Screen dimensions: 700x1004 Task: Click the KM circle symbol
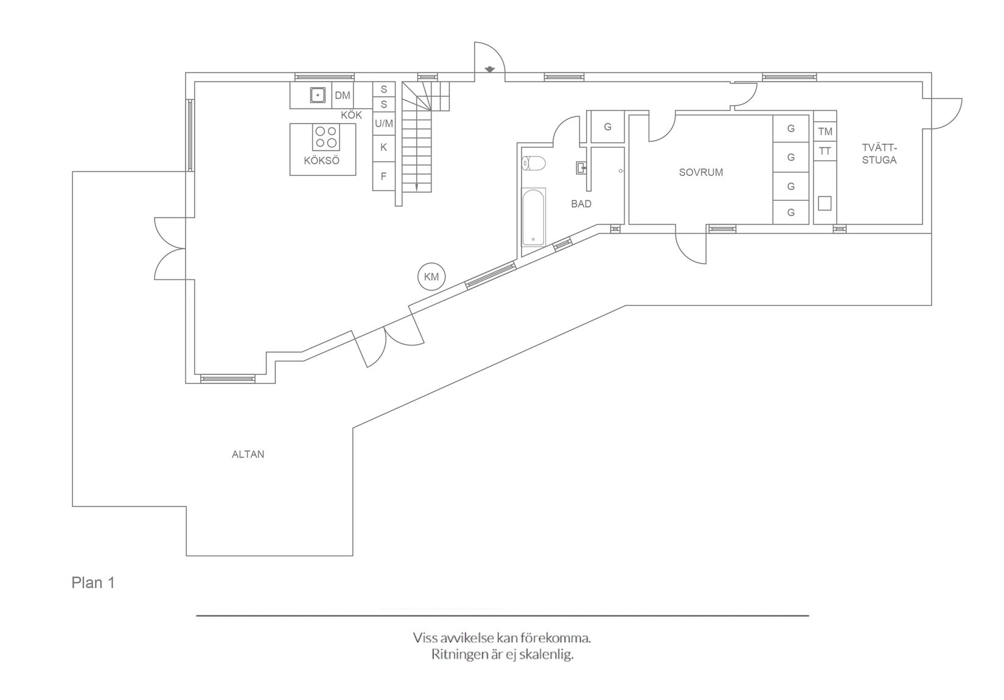point(431,277)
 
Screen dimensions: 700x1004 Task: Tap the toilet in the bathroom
point(534,163)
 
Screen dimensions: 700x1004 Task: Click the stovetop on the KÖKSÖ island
point(326,137)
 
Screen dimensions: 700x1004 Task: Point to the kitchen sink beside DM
point(318,95)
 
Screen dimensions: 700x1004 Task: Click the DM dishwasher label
point(343,95)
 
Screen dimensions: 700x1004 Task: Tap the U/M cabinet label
point(384,124)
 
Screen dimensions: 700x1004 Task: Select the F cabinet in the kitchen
point(383,177)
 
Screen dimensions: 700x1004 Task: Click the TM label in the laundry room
point(825,131)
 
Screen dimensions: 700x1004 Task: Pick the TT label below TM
point(825,151)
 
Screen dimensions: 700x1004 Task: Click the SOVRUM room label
point(701,172)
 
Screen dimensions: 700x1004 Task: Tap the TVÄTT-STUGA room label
point(879,154)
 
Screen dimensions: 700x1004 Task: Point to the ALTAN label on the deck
point(248,454)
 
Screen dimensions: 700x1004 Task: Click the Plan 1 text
point(93,583)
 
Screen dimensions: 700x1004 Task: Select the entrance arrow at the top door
point(489,69)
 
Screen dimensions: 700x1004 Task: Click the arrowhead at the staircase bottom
point(417,187)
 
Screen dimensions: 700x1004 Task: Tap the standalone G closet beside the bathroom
point(607,127)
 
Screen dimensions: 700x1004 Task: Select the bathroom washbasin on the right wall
point(581,167)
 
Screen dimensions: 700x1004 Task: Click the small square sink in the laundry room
point(824,203)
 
